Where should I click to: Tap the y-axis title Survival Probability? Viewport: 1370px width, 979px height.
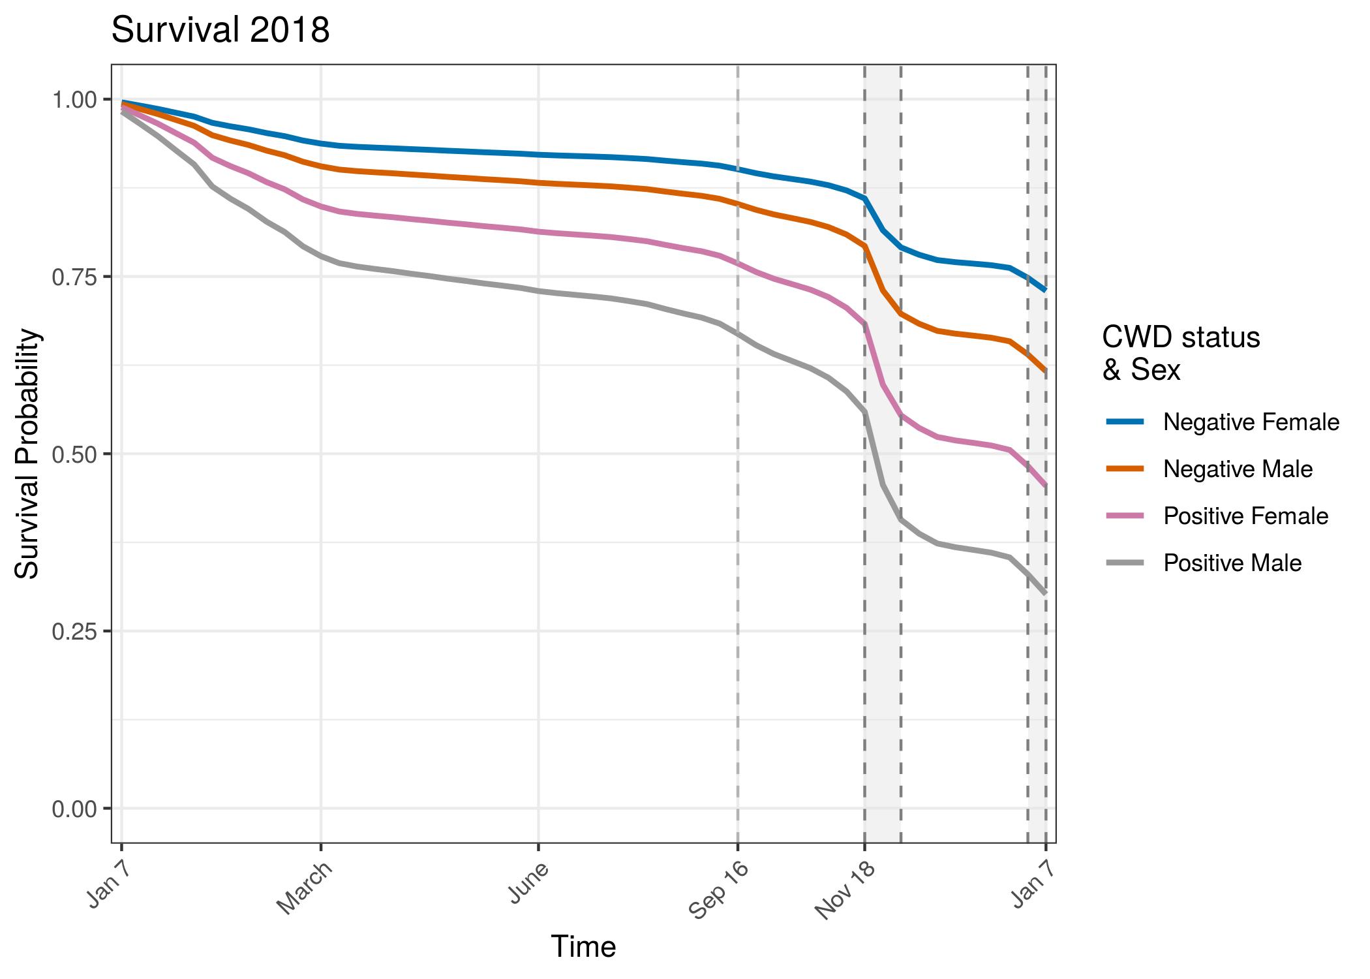click(27, 454)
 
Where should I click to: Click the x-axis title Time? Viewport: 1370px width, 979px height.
click(583, 946)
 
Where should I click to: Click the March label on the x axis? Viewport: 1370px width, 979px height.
click(305, 889)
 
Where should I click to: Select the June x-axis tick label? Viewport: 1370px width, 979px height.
click(528, 884)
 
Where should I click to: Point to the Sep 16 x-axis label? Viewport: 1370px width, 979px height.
click(718, 893)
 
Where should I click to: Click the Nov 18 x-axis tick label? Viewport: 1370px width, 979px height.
click(845, 893)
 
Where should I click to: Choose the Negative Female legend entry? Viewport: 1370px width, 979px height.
click(1251, 422)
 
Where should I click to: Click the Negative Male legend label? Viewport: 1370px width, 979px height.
click(1238, 469)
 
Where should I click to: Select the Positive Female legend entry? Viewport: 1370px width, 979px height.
click(1245, 516)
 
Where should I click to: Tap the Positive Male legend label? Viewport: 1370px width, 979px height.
click(1232, 563)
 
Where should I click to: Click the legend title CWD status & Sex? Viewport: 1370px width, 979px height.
click(1181, 354)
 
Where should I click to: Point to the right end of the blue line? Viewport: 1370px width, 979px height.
click(1046, 290)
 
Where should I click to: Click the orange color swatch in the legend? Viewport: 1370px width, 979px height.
click(1125, 469)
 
